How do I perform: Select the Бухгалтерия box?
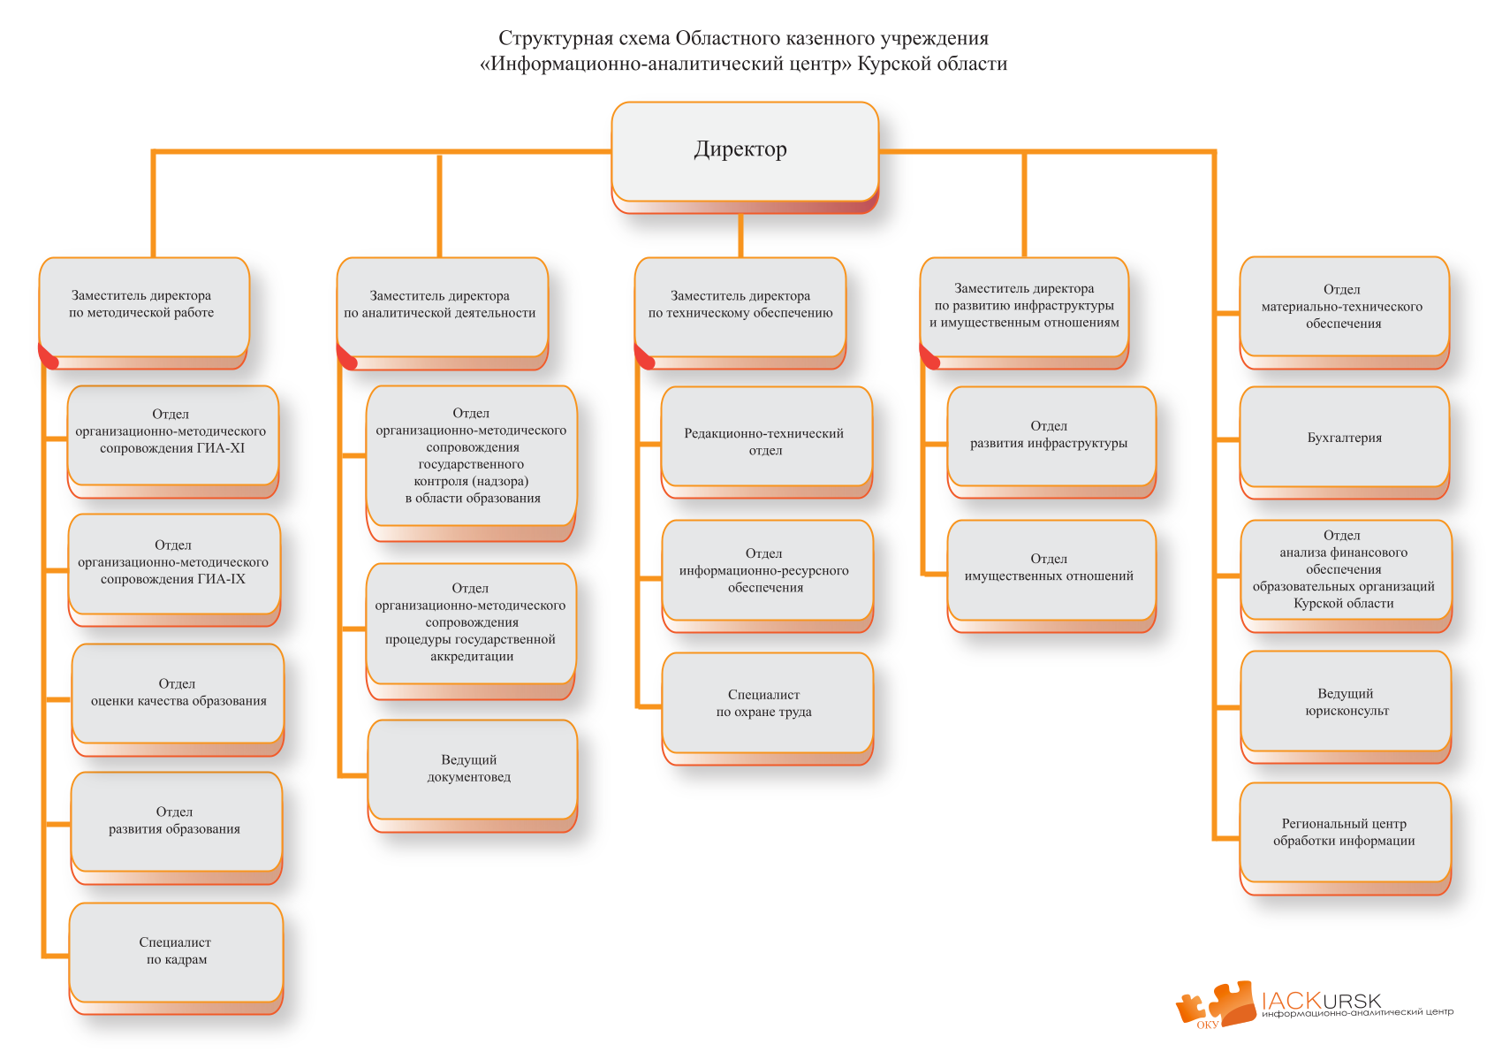click(1344, 438)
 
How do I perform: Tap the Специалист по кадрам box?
click(176, 952)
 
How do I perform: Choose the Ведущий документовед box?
click(472, 769)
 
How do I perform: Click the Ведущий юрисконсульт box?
click(1346, 702)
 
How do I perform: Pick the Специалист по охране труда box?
click(766, 704)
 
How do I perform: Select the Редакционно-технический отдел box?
click(766, 441)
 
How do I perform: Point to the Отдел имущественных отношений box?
click(1051, 568)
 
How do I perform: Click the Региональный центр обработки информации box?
click(1345, 833)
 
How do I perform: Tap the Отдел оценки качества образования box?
click(178, 693)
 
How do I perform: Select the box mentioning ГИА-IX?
click(174, 563)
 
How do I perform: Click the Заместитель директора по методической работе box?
click(143, 306)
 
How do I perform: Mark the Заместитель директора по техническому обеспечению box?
click(740, 306)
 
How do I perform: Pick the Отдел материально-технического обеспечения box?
click(1343, 307)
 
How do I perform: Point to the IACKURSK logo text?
click(1321, 1000)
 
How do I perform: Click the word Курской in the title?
click(892, 64)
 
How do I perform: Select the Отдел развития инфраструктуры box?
click(1051, 436)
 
